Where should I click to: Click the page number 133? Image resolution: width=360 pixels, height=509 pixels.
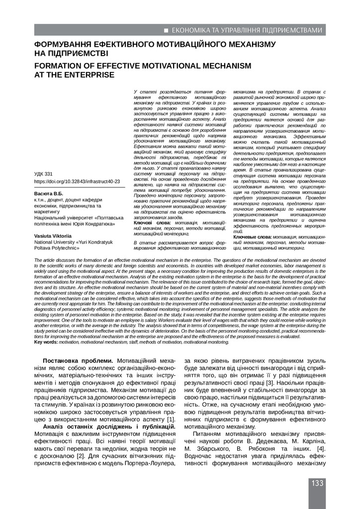point(317,483)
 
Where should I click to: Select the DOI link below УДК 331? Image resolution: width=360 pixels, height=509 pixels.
point(77,182)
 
